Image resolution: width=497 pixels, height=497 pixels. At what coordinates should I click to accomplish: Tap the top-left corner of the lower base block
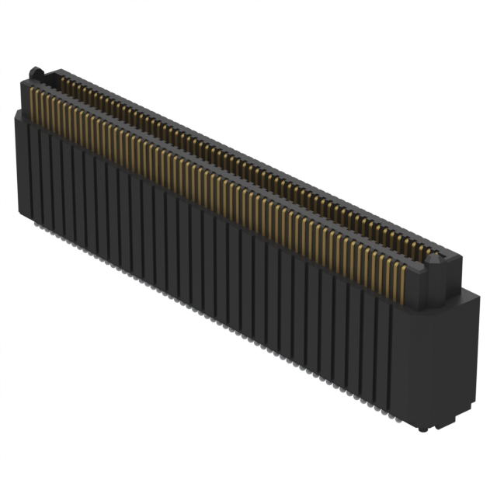[x=16, y=113]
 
